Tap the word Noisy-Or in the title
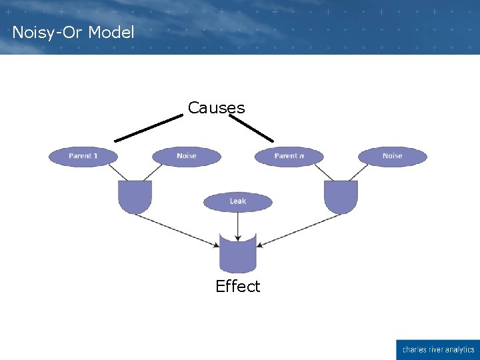point(47,32)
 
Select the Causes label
point(216,107)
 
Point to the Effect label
point(237,287)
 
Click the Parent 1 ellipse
point(83,156)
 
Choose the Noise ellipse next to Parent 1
point(187,156)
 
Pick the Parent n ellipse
point(289,156)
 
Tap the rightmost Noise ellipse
point(392,156)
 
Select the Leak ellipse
point(238,201)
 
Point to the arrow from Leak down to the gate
point(238,222)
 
